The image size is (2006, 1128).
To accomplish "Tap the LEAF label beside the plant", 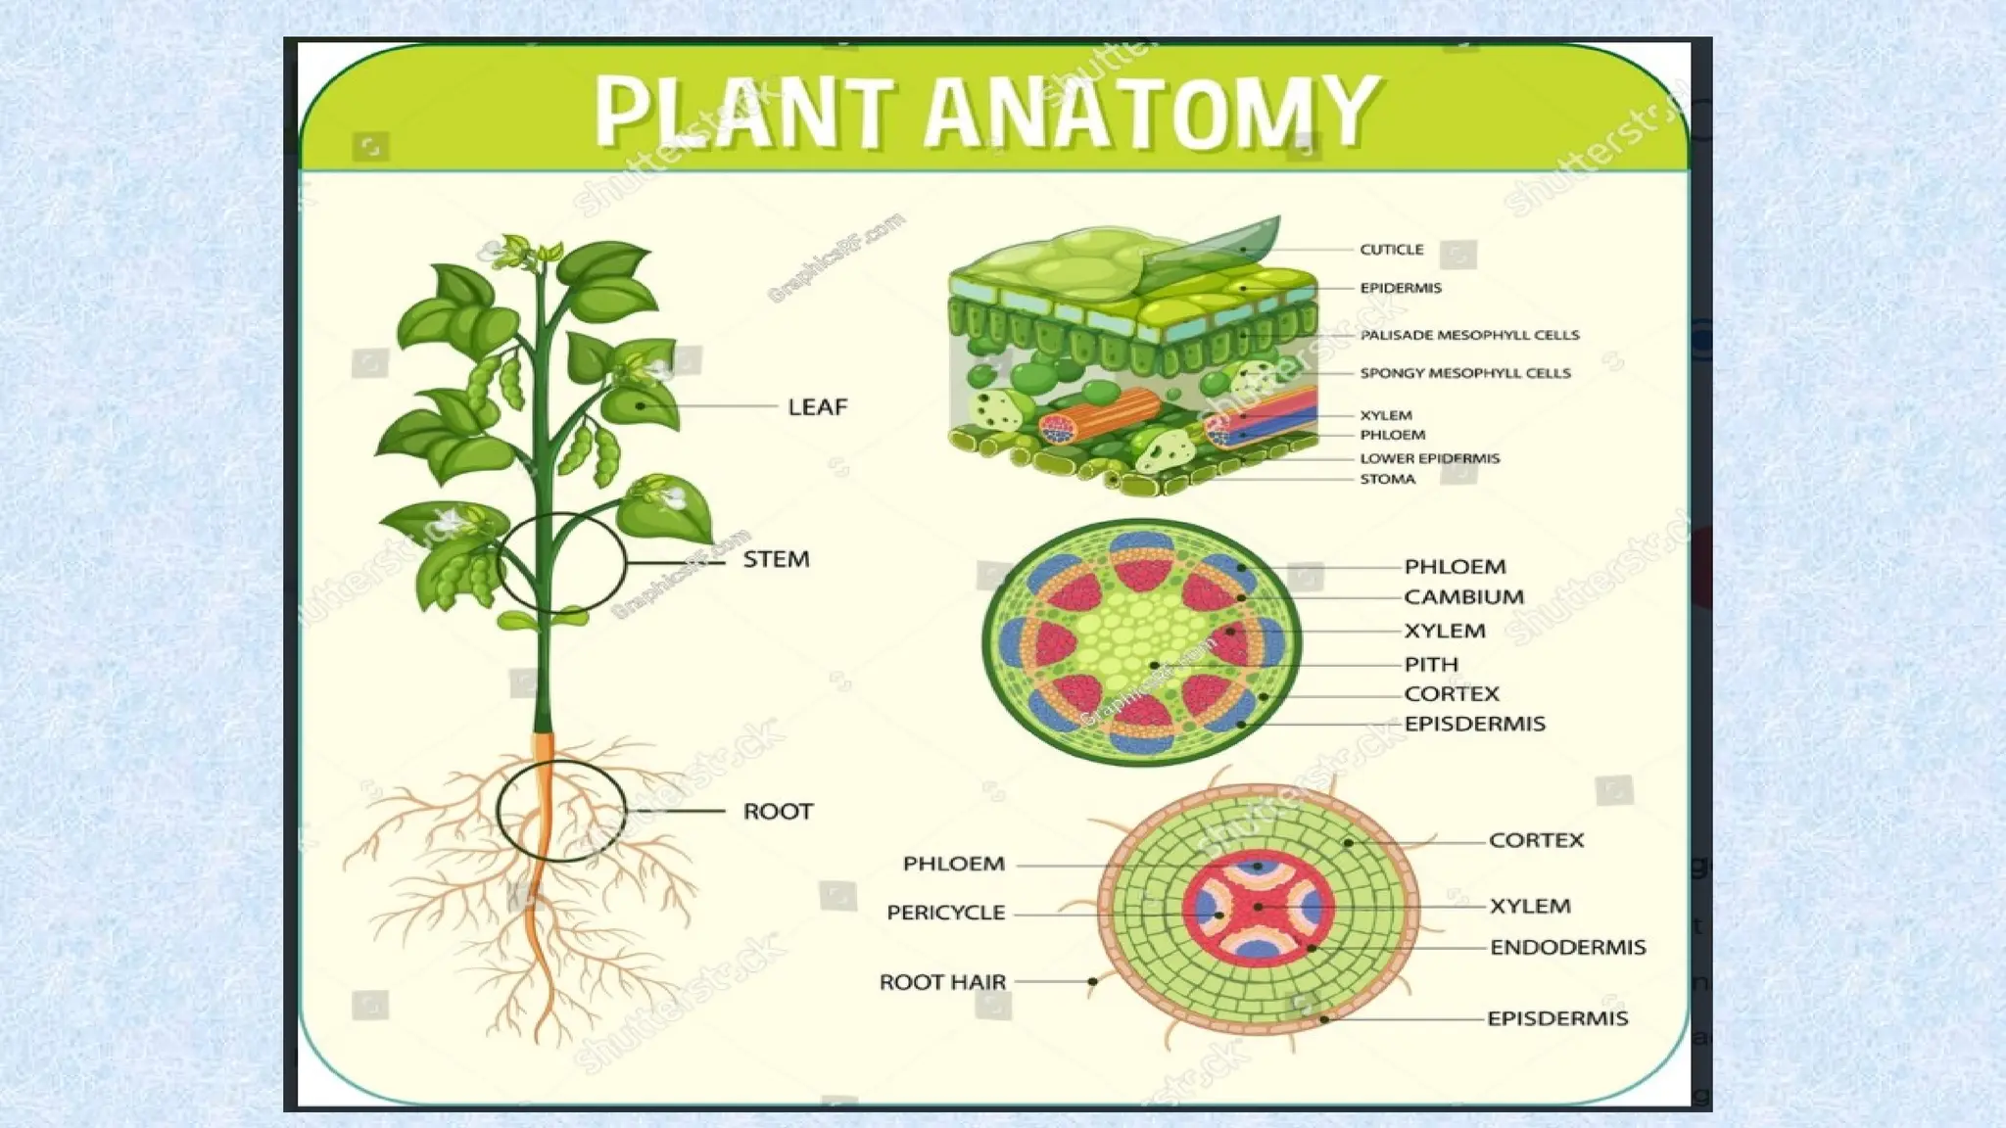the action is (817, 406).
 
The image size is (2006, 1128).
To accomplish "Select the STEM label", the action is (776, 559).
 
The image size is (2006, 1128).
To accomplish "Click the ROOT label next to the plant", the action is (778, 811).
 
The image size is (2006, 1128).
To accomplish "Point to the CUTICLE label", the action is (1391, 250).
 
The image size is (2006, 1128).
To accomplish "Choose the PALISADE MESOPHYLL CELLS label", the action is (1469, 335).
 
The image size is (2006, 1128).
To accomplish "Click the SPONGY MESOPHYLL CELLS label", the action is (1464, 373).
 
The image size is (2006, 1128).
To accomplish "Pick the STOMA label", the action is (1387, 479).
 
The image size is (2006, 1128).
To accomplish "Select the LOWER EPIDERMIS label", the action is (1429, 458).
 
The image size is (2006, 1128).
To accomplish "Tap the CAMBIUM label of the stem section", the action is (1463, 596).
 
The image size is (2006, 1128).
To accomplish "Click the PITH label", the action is (1431, 664).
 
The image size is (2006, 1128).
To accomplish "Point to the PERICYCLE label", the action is (945, 913).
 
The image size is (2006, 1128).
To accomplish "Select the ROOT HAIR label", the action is (942, 982).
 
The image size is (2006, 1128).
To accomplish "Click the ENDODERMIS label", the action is (1567, 947).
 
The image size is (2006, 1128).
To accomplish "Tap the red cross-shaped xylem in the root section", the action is (1259, 908).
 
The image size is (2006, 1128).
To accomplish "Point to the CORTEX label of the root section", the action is (1536, 840).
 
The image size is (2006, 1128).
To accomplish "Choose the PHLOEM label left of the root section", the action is (953, 864).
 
